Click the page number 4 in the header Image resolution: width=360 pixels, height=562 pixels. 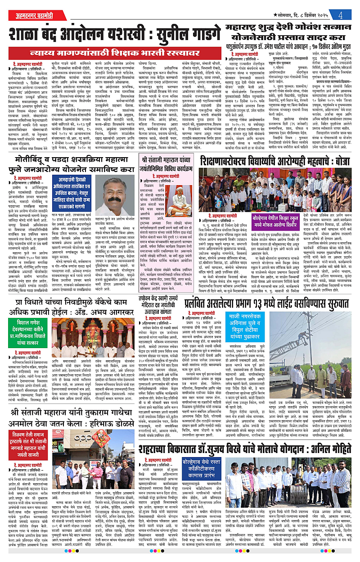point(342,14)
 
